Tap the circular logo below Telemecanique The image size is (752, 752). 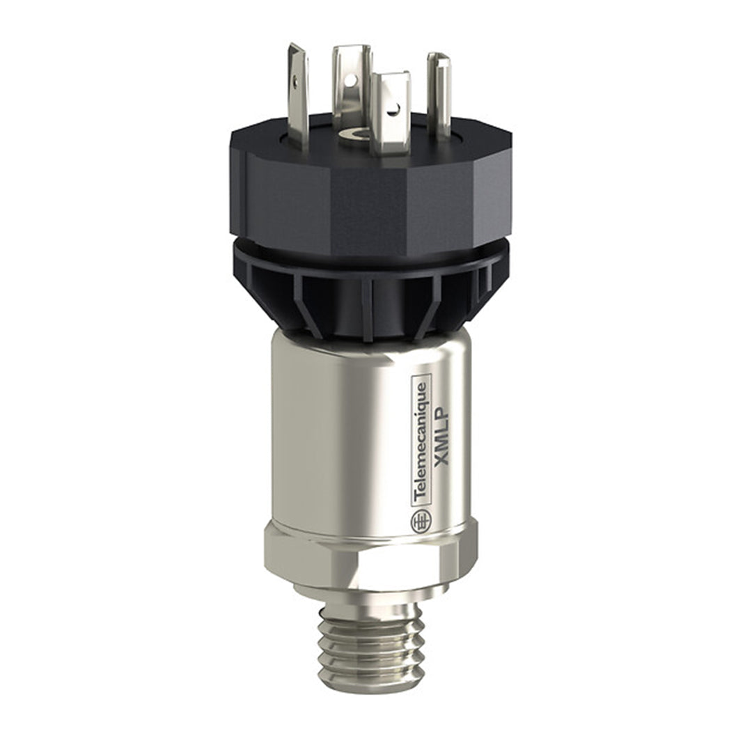tap(421, 522)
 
